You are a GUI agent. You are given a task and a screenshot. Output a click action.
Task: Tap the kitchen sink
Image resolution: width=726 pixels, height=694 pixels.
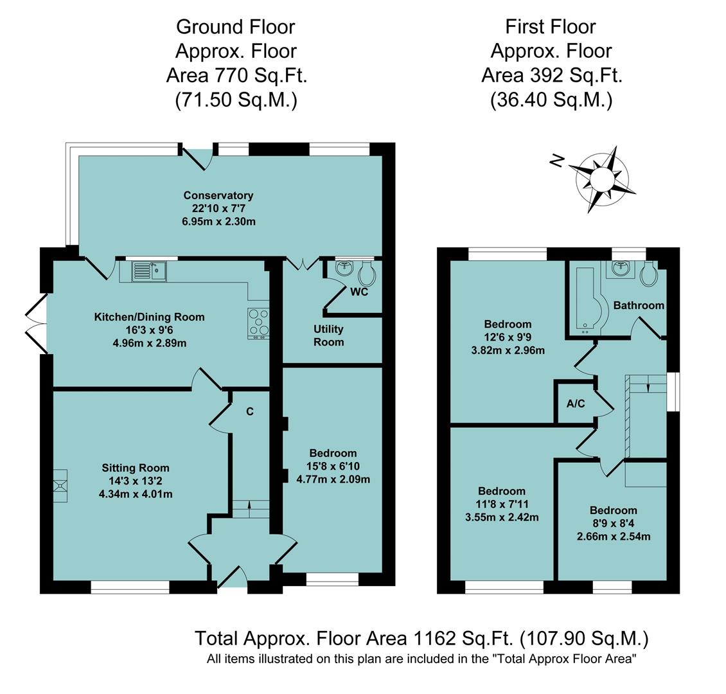149,272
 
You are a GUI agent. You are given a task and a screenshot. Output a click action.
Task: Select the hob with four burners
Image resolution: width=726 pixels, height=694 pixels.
258,323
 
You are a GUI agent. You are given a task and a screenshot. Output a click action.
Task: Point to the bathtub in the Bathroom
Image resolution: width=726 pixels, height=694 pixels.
586,301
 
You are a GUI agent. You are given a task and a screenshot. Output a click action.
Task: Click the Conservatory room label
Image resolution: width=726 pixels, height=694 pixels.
218,195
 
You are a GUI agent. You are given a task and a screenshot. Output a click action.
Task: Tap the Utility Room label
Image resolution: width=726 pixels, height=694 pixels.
328,335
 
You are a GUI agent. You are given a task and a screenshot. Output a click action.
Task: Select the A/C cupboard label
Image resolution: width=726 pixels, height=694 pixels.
576,404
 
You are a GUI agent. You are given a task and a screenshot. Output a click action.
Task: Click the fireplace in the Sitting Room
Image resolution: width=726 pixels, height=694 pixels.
60,484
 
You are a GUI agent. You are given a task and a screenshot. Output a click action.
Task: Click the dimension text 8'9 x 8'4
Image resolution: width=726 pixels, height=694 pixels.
614,523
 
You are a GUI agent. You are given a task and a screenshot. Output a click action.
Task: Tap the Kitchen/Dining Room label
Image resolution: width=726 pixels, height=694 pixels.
149,317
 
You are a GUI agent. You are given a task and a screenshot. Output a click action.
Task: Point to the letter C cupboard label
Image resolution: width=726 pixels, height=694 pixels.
250,411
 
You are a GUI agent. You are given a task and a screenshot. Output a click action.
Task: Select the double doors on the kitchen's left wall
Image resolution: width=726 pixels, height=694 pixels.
35,324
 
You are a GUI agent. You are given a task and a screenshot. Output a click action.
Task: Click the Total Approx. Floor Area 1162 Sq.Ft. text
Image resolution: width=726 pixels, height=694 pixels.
421,639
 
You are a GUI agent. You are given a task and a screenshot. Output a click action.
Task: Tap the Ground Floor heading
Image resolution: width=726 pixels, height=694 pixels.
236,26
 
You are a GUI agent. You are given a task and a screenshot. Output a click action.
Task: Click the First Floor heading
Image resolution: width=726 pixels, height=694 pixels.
551,26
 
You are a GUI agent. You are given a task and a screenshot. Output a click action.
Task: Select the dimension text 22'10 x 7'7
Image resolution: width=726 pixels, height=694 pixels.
218,208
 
